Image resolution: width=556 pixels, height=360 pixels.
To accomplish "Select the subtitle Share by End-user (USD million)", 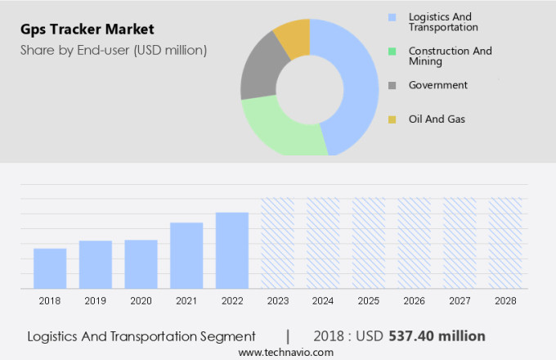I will pos(114,50).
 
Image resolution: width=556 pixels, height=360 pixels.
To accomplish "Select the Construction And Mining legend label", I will pos(450,56).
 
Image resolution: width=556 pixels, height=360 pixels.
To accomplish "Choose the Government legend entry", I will pos(437,85).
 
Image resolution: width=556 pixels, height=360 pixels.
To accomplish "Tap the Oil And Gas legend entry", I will pos(436,119).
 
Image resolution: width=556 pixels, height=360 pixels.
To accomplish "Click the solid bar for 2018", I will pos(50,268).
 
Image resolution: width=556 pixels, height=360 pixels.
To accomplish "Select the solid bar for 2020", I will pos(141,263).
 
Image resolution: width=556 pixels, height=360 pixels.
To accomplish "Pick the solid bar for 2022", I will pos(232,250).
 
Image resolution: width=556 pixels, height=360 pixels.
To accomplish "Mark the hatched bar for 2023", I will pos(277,243).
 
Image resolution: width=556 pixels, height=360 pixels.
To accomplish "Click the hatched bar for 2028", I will pos(504,243).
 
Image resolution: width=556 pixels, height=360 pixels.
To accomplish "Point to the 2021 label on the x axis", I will pos(186,301).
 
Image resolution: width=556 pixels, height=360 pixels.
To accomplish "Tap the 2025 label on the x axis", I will pos(368,301).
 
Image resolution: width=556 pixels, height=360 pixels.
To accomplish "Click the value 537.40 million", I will pos(437,335).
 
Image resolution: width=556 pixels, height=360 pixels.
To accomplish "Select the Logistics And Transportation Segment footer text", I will pos(141,336).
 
